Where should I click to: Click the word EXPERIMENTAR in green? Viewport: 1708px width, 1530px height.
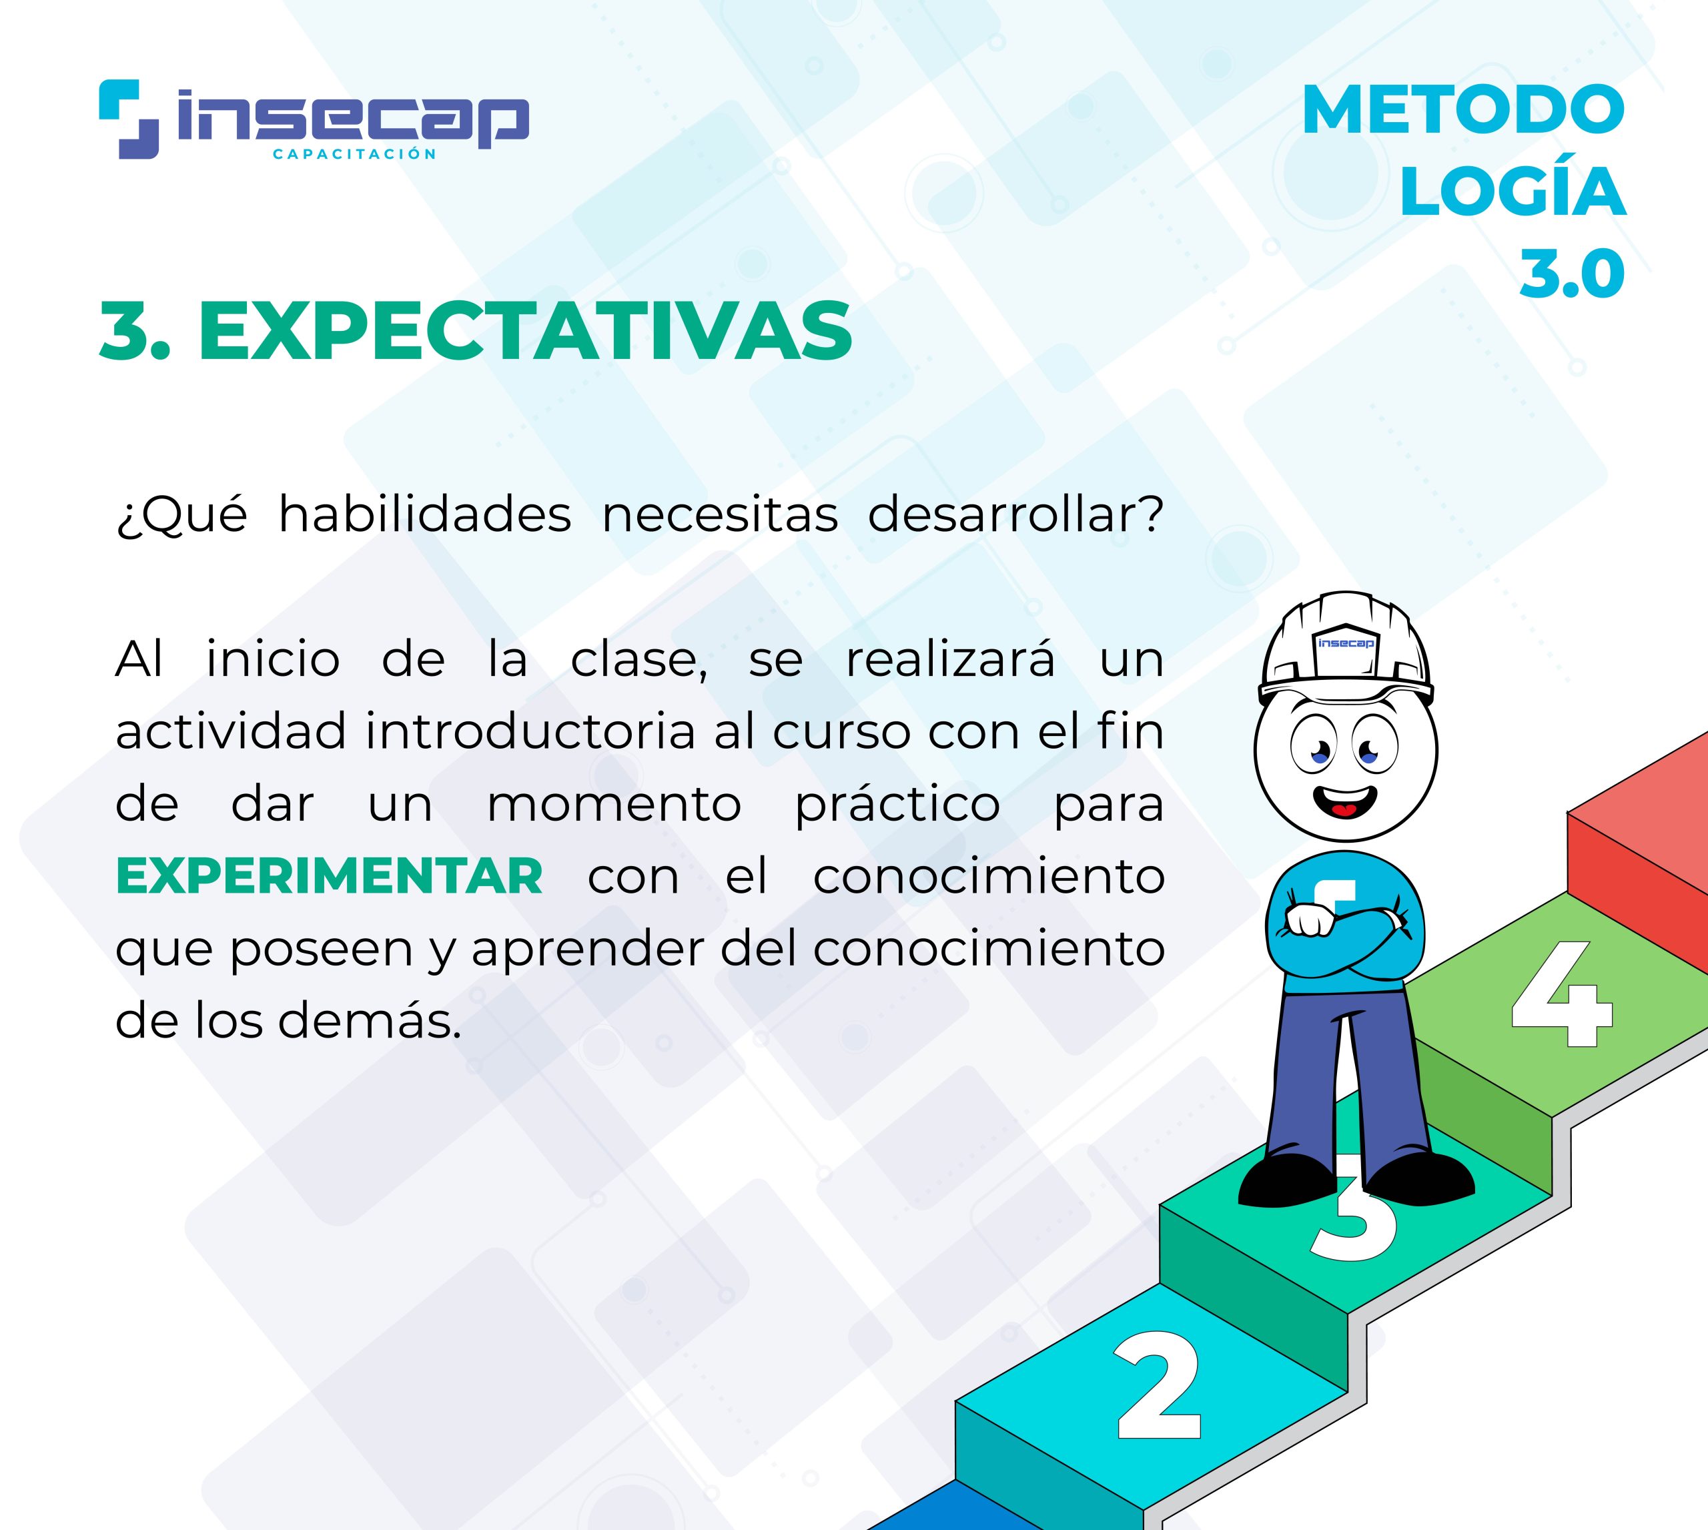330,876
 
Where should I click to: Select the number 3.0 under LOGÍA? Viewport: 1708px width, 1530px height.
1572,274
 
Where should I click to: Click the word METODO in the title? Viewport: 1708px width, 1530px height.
1463,110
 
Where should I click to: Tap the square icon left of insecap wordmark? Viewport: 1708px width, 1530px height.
129,119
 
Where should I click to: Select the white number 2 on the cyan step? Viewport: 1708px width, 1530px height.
1158,1385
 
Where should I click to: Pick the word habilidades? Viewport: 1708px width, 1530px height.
425,514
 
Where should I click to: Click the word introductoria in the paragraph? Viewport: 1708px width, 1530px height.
530,731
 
